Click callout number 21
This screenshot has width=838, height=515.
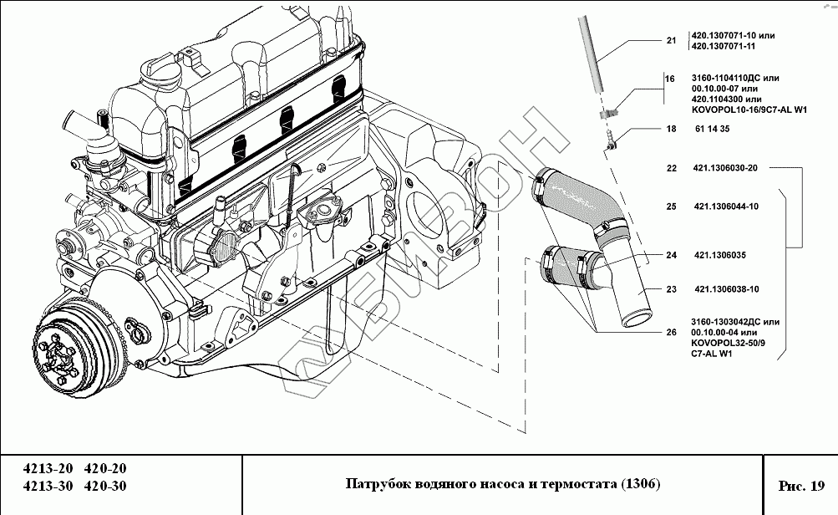(671, 41)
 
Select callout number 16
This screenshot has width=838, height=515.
(670, 79)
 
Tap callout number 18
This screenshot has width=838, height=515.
(670, 130)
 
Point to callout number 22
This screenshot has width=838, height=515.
(671, 168)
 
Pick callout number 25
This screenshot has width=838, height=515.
(671, 207)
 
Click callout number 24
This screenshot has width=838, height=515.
(671, 255)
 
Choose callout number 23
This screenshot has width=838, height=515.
(671, 290)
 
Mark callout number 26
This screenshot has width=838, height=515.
(671, 332)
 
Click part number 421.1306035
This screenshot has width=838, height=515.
(719, 255)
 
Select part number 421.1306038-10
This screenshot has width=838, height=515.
(725, 290)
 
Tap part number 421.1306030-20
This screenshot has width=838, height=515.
(725, 168)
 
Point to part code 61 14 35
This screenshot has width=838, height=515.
(712, 130)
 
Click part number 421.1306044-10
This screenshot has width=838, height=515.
(725, 207)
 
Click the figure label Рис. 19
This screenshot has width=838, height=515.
(800, 485)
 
